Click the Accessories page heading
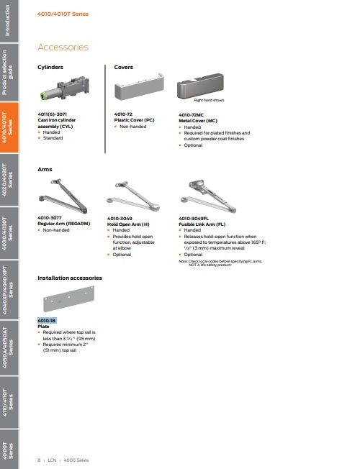[x=63, y=47]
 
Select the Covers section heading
[x=125, y=67]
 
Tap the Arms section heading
[x=45, y=170]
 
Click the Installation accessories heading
[x=70, y=277]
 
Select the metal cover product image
[x=204, y=91]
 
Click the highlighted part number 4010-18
[x=47, y=320]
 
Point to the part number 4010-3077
[x=50, y=218]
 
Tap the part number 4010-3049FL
[x=194, y=218]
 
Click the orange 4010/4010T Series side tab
[x=9, y=129]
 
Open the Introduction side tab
[x=9, y=22]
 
